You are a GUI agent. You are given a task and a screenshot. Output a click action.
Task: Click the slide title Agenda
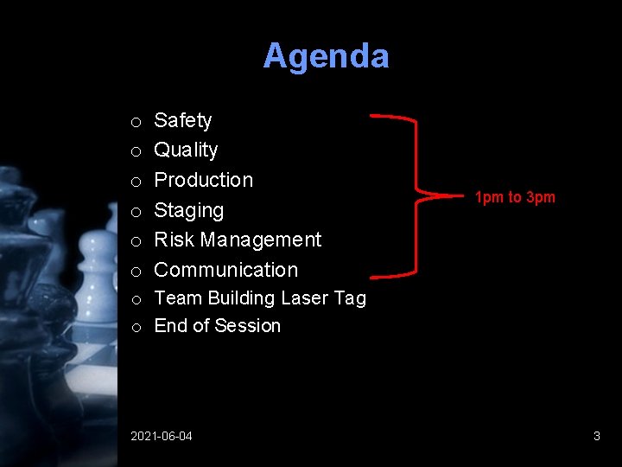[326, 56]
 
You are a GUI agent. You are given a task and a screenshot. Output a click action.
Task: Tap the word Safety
[182, 120]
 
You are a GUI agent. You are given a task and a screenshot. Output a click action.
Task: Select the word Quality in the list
[186, 150]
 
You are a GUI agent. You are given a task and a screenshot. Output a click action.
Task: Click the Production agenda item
[203, 180]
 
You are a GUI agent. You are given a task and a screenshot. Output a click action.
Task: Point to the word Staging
[188, 210]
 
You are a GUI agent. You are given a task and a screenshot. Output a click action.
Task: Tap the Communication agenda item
[225, 270]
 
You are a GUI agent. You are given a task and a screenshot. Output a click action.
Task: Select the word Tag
[350, 299]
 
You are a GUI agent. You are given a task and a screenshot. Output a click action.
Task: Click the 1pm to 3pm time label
[515, 197]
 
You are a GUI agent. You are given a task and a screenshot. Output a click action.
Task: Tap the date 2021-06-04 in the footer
[162, 436]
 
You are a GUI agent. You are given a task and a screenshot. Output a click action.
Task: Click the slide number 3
[596, 436]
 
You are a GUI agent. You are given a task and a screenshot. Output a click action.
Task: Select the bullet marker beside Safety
[136, 122]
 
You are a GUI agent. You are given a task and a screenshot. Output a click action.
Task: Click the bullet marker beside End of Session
[136, 328]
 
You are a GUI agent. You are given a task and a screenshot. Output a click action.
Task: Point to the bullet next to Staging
[136, 212]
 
